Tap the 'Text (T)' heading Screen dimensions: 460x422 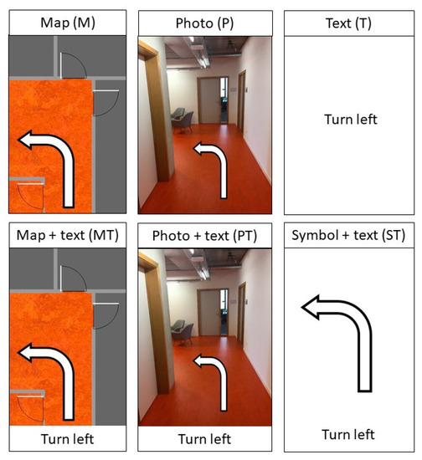click(x=350, y=23)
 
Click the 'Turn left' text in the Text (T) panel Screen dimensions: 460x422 click(x=350, y=119)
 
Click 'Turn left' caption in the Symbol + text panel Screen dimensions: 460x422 click(x=350, y=435)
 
